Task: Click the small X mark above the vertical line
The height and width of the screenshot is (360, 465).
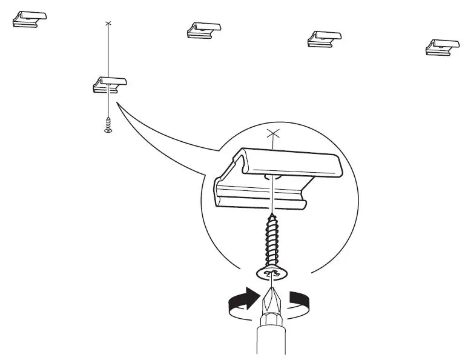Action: click(108, 23)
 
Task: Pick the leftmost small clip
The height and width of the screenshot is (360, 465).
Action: click(29, 18)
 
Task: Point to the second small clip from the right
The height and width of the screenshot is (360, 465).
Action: click(325, 38)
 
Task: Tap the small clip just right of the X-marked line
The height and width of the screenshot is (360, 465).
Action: click(203, 30)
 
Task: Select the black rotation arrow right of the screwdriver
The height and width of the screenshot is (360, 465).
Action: click(300, 301)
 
